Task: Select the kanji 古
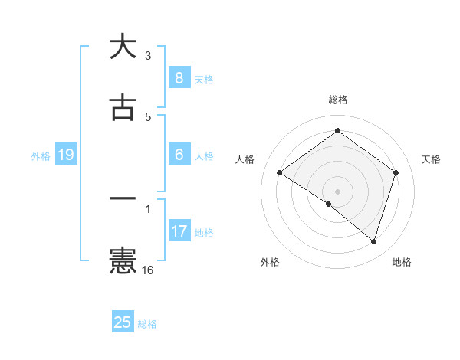123,108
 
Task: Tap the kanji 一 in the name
123,198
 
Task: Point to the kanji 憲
123,260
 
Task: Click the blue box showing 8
179,77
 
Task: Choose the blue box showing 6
179,155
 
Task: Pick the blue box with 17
179,231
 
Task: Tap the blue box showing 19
65,155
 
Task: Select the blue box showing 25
123,322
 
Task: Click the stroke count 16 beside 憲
148,270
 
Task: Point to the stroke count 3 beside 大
148,56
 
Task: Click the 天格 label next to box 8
204,79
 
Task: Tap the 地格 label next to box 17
204,233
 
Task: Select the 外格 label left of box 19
41,156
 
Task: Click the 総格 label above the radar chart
338,100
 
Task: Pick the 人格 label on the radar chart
245,159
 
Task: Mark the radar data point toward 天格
396,172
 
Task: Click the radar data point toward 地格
374,242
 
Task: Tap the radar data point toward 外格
329,204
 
